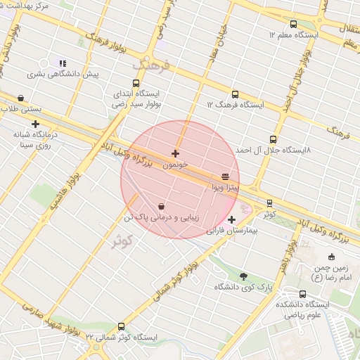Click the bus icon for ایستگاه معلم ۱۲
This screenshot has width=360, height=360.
click(x=293, y=24)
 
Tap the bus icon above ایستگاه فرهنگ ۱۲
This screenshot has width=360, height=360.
click(x=235, y=94)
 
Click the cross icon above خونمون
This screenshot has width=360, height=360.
click(x=175, y=153)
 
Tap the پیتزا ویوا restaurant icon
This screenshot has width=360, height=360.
click(x=225, y=177)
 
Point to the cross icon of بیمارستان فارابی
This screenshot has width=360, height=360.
click(x=232, y=220)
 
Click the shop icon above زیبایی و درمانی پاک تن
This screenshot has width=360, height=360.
click(x=162, y=207)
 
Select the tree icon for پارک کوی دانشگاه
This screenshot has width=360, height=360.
click(x=244, y=276)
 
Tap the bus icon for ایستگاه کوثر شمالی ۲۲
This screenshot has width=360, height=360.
click(x=122, y=327)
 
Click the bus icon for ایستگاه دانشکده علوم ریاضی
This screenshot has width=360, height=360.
click(x=303, y=294)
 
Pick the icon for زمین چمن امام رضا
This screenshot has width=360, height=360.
click(x=332, y=257)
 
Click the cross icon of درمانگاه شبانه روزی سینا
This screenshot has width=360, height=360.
click(x=35, y=124)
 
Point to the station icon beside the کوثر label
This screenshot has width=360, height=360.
click(x=269, y=203)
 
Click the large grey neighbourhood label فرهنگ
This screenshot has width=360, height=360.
click(x=150, y=65)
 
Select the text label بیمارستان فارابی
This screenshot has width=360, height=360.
click(x=233, y=231)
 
